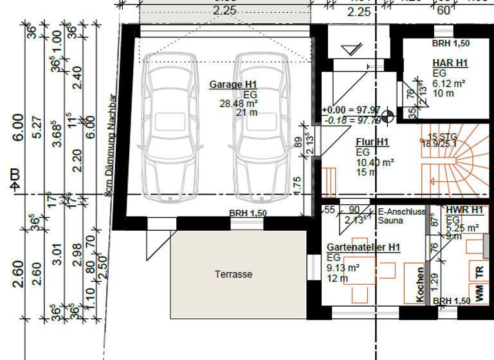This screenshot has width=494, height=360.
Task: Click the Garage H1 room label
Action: click(233, 85)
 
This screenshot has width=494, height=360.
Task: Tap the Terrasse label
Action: click(233, 274)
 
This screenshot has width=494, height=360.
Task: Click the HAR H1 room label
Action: click(450, 63)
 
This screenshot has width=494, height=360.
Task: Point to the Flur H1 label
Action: click(372, 142)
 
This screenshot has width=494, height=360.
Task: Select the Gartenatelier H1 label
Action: click(363, 248)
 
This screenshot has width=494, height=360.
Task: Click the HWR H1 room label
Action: click(464, 210)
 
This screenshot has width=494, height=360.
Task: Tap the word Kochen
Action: click(419, 285)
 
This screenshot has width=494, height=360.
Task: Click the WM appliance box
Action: click(479, 292)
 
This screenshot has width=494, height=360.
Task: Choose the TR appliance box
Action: click(479, 271)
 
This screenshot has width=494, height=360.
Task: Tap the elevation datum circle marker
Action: click(387, 118)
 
